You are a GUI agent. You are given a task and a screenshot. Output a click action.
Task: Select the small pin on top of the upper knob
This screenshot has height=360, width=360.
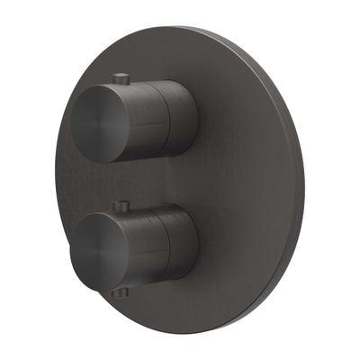121,75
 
